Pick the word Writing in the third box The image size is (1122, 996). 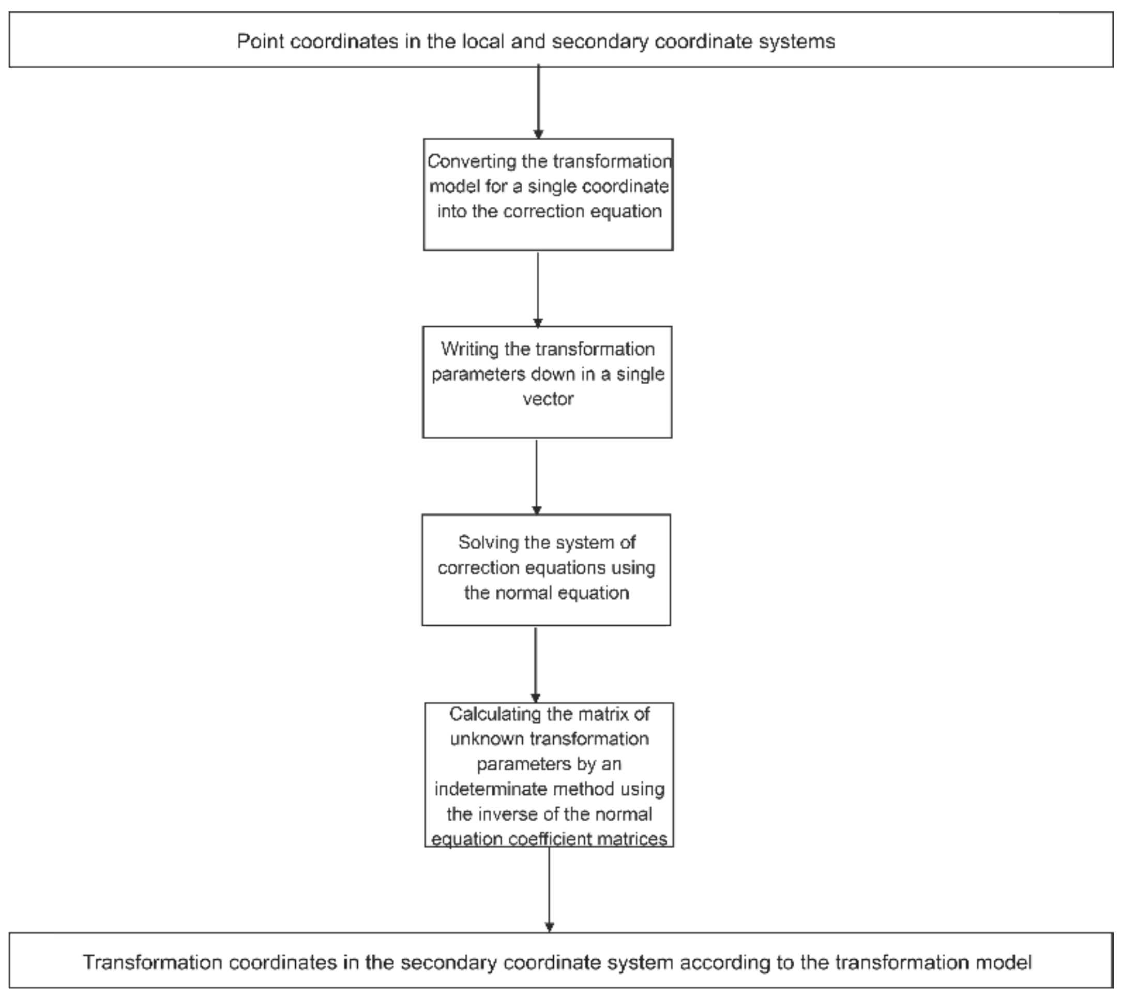pos(469,349)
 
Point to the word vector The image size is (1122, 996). pos(548,399)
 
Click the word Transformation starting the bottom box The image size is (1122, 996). pos(152,962)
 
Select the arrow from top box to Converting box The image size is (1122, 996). pos(538,101)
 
